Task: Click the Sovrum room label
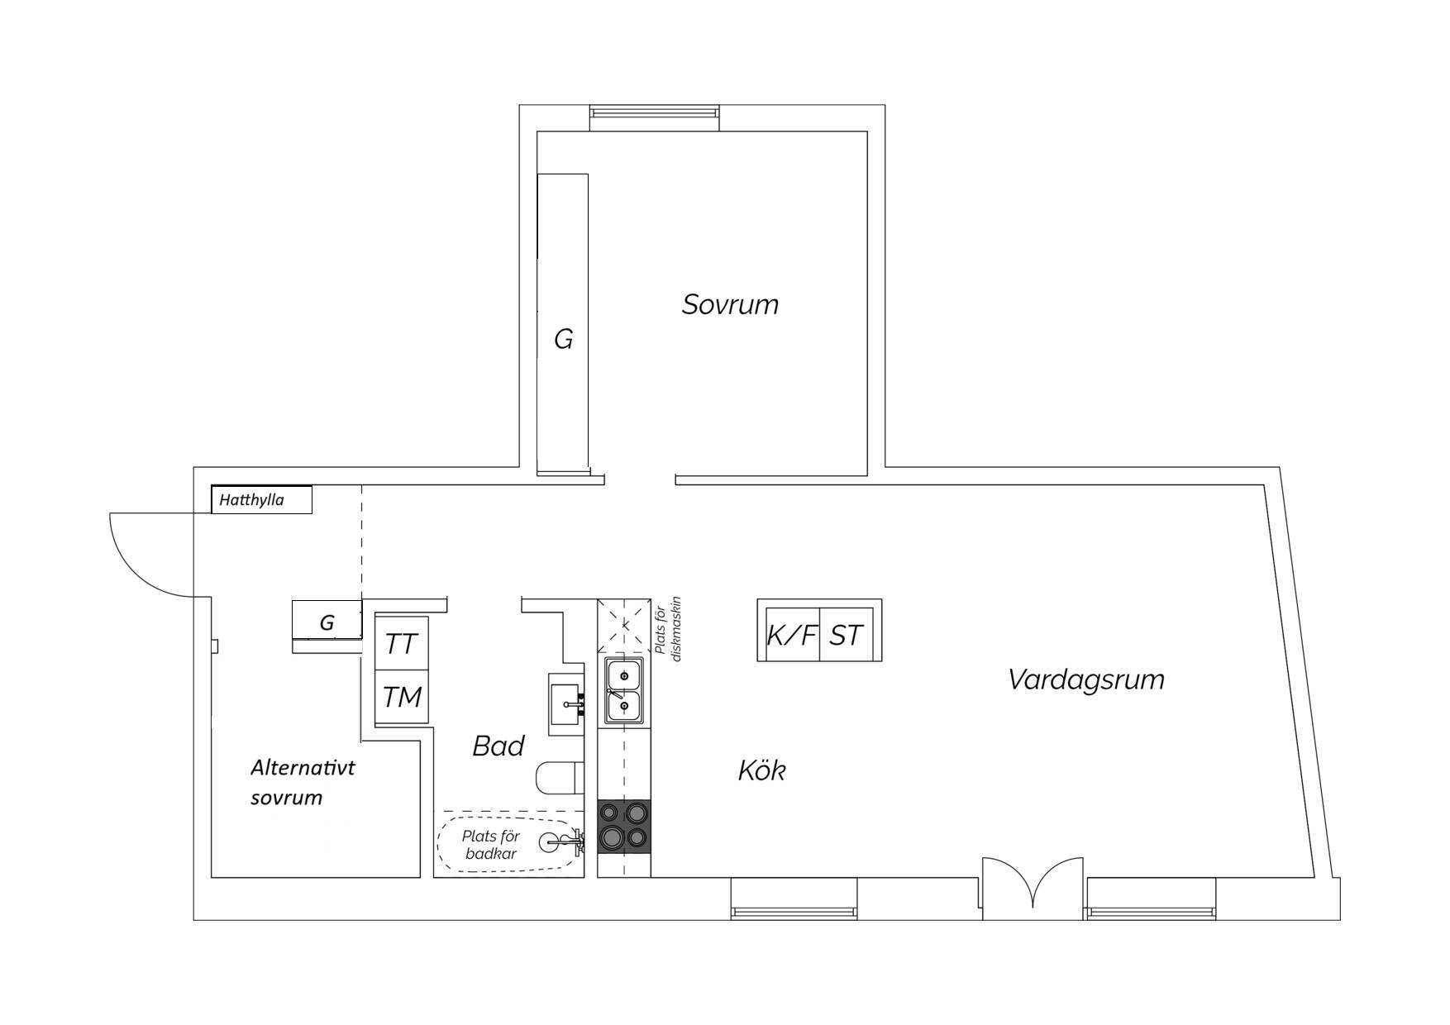[x=730, y=304]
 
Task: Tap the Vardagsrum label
[x=1086, y=679]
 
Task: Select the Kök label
[x=761, y=770]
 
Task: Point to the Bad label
[x=498, y=746]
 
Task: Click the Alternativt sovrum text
[x=303, y=782]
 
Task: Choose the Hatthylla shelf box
[x=261, y=499]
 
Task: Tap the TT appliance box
[x=402, y=643]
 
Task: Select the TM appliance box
[x=402, y=697]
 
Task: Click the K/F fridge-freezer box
[x=792, y=635]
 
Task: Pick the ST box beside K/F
[x=847, y=635]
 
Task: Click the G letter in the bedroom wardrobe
[x=563, y=339]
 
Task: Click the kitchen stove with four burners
[x=624, y=826]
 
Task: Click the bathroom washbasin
[x=567, y=703]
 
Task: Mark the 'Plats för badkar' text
[x=491, y=846]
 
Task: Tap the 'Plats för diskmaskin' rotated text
[x=668, y=629]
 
